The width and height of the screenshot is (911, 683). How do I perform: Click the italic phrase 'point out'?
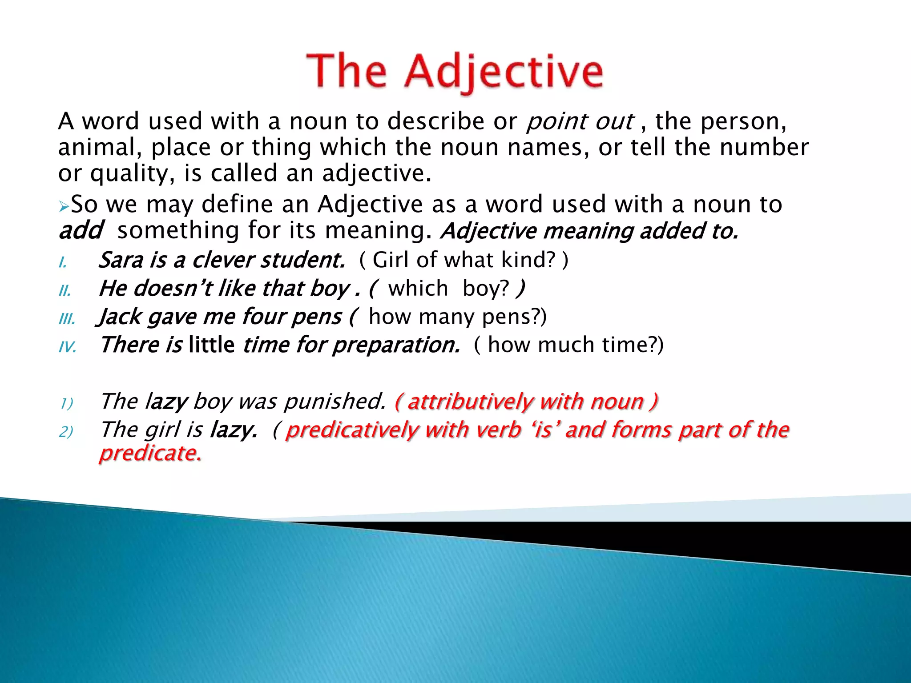(x=580, y=121)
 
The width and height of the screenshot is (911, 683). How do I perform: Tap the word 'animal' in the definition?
(x=99, y=148)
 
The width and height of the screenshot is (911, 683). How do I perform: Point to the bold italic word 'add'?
(x=81, y=230)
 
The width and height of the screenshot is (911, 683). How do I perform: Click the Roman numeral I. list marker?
(x=63, y=262)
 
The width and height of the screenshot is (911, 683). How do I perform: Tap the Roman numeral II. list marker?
(x=65, y=291)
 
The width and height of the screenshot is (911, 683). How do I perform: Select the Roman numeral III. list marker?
(x=67, y=319)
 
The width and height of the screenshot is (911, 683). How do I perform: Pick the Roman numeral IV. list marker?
(x=68, y=347)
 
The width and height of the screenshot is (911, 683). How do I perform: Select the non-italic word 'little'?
(x=211, y=345)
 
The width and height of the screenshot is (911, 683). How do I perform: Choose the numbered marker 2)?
(x=66, y=431)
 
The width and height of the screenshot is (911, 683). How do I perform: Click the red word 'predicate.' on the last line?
(x=150, y=453)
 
